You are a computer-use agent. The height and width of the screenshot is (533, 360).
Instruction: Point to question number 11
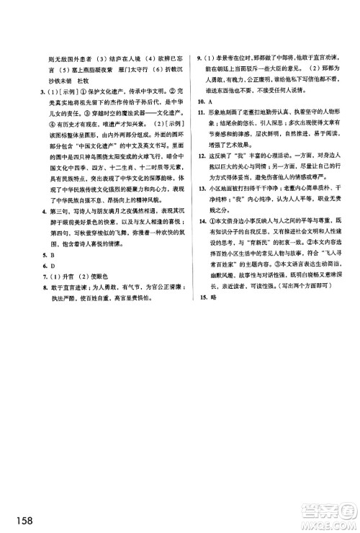pos(200,114)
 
